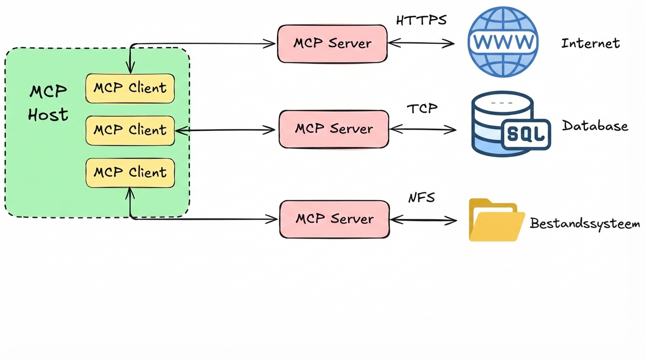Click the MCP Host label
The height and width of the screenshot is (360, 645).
tap(48, 103)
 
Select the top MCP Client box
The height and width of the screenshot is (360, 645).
tap(130, 88)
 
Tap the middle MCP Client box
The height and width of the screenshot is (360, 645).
tap(130, 130)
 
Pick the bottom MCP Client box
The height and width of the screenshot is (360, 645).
tap(130, 172)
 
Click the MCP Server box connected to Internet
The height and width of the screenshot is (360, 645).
tap(332, 44)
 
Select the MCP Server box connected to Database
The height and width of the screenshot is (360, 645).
tap(334, 129)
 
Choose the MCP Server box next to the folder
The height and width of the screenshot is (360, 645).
tap(334, 219)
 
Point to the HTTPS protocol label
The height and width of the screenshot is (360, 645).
tap(421, 21)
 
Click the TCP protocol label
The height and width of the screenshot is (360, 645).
tap(422, 109)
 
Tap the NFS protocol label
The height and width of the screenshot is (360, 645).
tap(421, 198)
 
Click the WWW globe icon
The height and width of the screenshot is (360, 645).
tap(503, 42)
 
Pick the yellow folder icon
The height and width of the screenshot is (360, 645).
tap(496, 220)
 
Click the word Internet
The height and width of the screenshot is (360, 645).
tap(590, 44)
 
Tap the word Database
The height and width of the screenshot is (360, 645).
tap(595, 126)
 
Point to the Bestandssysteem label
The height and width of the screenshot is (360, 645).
tap(585, 224)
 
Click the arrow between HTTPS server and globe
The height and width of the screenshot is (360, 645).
tap(421, 44)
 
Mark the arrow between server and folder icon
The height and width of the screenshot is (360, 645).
tap(423, 219)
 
